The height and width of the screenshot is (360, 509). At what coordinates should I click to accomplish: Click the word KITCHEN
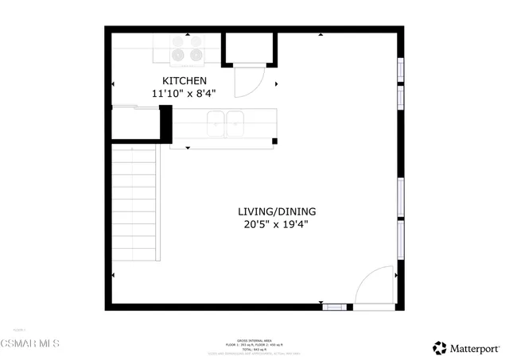[185, 81]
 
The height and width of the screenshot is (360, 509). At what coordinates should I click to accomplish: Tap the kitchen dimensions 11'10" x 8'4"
[185, 94]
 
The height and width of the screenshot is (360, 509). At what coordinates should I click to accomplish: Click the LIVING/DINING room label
[277, 211]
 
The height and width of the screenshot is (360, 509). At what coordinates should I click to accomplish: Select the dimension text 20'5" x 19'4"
[277, 224]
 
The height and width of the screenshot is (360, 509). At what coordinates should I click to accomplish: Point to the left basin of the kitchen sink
[216, 123]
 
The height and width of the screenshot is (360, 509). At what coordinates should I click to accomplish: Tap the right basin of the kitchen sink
[235, 123]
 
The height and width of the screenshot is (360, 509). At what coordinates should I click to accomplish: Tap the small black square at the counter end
[275, 141]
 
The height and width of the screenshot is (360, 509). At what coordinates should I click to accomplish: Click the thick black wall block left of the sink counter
[166, 126]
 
